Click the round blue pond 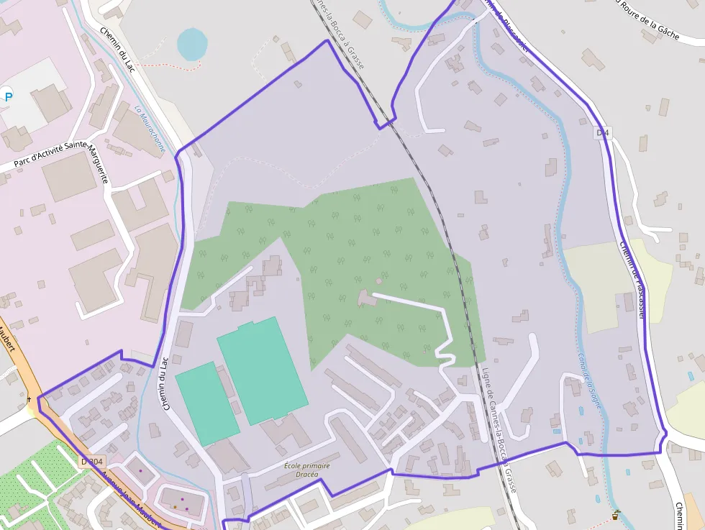(x=191, y=44)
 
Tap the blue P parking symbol (x=7, y=96)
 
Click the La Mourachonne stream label (x=149, y=129)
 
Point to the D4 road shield (x=602, y=132)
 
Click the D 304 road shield (x=92, y=461)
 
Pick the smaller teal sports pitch (x=206, y=403)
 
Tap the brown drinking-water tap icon (x=616, y=515)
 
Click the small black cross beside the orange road (x=29, y=398)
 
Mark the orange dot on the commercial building (x=175, y=506)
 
